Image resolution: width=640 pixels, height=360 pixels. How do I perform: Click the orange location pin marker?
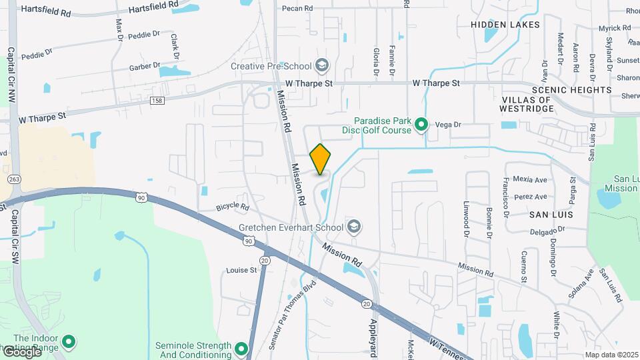click(321, 159)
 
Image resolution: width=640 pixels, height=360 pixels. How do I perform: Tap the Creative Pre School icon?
click(323, 65)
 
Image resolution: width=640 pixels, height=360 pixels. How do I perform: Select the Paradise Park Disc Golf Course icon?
click(421, 124)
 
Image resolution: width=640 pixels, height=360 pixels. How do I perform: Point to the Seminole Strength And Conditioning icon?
click(241, 349)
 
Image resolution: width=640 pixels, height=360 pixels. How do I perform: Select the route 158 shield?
click(157, 100)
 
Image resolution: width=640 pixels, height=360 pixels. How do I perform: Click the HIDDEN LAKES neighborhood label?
click(505, 25)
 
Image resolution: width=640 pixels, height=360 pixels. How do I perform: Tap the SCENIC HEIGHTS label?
click(571, 89)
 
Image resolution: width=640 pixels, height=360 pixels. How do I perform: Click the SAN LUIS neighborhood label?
click(551, 215)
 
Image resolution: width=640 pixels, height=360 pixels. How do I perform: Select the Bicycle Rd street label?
click(232, 207)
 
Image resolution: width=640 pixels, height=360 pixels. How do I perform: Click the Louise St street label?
click(241, 270)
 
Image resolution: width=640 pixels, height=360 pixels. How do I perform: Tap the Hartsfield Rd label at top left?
click(46, 11)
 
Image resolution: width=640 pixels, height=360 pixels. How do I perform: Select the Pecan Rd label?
click(297, 9)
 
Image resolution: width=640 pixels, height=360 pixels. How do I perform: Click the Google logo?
click(21, 351)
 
